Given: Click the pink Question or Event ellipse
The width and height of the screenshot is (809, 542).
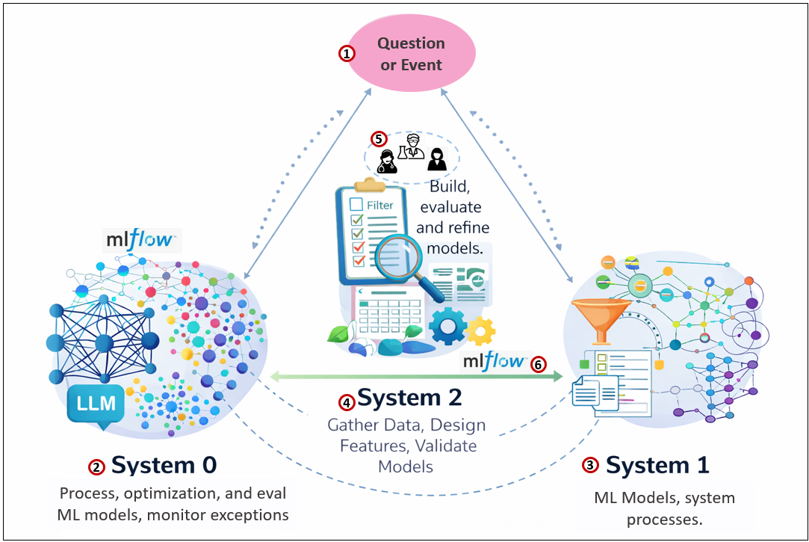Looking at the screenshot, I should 412,55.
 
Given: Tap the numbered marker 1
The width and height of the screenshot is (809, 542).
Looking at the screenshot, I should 347,54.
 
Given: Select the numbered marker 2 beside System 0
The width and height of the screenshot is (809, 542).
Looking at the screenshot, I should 96,467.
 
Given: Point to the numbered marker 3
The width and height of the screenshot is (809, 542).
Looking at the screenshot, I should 590,465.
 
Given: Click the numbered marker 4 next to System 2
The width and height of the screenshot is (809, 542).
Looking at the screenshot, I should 347,402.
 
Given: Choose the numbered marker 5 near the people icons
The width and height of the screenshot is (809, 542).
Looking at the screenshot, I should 379,139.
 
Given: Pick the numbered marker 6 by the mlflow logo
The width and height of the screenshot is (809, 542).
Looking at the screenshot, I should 538,364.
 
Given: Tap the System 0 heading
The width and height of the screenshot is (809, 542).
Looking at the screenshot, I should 164,466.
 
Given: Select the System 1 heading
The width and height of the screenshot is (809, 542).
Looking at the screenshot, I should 657,465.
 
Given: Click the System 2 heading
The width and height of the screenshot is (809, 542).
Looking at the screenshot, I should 409,398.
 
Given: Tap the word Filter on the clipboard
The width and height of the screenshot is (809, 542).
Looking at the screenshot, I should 379,204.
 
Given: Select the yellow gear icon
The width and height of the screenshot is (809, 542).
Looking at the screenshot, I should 480,330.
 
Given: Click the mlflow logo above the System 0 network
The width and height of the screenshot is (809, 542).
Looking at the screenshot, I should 142,239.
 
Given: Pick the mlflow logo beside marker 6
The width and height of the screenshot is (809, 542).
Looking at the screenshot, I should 494,362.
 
